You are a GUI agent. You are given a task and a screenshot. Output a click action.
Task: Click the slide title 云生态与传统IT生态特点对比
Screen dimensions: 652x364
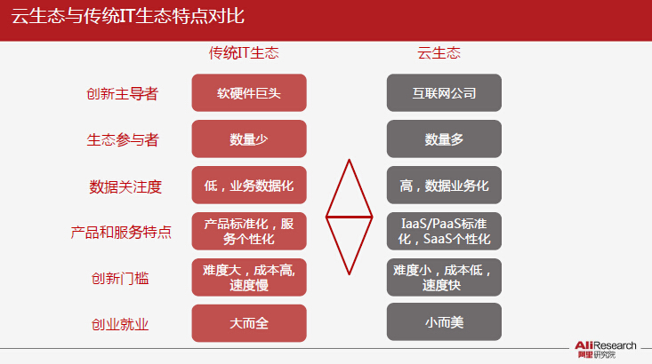coord(128,17)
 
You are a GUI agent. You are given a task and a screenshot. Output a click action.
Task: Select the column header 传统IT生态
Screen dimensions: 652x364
coord(244,52)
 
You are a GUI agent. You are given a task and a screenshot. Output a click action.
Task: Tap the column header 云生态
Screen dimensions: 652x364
coord(439,52)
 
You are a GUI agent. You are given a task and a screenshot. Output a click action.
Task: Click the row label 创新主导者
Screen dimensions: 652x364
coord(122,94)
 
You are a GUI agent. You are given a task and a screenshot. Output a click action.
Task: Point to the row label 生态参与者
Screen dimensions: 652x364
coord(123,140)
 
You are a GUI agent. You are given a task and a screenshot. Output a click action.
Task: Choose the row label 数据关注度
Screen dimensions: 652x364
coord(125,186)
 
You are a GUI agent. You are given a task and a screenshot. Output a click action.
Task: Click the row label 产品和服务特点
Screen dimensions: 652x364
coord(121,232)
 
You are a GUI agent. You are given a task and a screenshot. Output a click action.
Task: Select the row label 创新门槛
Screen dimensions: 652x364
coord(120,278)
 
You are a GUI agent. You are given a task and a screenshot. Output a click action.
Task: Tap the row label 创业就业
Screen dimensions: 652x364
coord(120,324)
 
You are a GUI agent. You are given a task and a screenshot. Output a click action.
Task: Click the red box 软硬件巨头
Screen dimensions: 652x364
coord(249,93)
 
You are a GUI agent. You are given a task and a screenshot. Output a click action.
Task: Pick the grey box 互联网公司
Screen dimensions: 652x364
coord(444,93)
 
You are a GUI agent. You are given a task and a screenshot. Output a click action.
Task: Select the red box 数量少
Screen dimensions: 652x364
coord(249,139)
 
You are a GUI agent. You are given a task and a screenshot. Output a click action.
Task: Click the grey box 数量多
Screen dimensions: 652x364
coord(444,139)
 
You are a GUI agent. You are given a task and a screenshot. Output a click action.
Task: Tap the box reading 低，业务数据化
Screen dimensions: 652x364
coord(249,186)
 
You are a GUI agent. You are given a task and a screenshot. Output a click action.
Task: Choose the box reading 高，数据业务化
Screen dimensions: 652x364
coord(444,186)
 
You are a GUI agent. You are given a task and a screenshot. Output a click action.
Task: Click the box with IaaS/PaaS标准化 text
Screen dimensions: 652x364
coord(444,231)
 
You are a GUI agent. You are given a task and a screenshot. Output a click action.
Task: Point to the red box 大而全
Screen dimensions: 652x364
coord(249,323)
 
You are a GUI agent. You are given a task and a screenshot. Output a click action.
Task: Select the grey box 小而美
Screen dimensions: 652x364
coord(444,321)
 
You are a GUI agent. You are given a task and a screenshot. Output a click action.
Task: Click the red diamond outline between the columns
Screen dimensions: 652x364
coord(338,188)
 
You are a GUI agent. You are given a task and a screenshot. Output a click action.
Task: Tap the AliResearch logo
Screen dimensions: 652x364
coord(606,350)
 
